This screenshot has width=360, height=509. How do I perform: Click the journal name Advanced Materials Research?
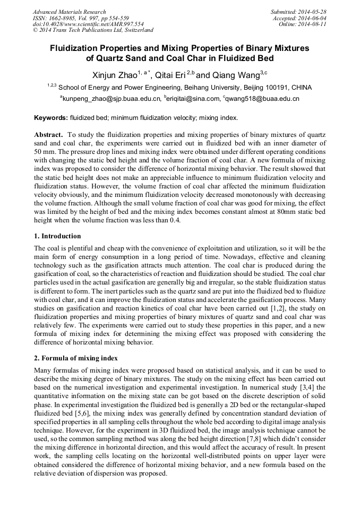[69, 12]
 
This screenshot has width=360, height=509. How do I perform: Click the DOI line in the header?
[88, 24]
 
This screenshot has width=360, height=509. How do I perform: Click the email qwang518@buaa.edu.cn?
[262, 99]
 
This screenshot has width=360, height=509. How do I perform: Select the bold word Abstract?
[49, 135]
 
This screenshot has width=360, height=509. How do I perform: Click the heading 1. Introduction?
[57, 236]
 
